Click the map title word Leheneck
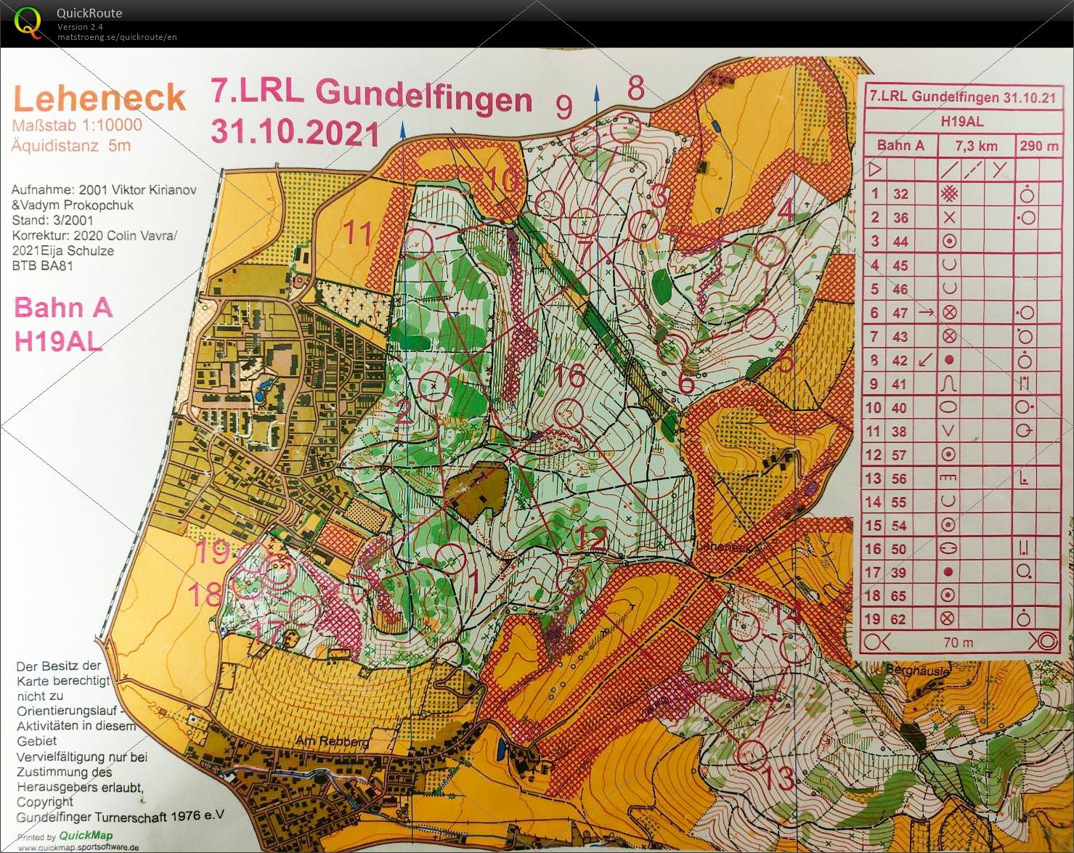click(x=99, y=98)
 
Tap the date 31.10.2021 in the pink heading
click(x=295, y=132)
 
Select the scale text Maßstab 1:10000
click(x=77, y=125)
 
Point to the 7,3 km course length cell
click(x=976, y=146)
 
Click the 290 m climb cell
click(x=1038, y=146)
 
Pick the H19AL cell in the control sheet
click(x=961, y=121)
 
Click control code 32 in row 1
click(x=900, y=194)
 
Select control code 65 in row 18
click(x=899, y=596)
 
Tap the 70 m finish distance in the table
click(x=958, y=642)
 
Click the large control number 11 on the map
click(x=357, y=234)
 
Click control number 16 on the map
click(x=569, y=376)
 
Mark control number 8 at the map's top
click(x=635, y=89)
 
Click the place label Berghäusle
click(x=917, y=672)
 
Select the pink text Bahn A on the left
click(x=63, y=308)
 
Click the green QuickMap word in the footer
click(x=86, y=835)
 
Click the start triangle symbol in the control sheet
click(x=875, y=170)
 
